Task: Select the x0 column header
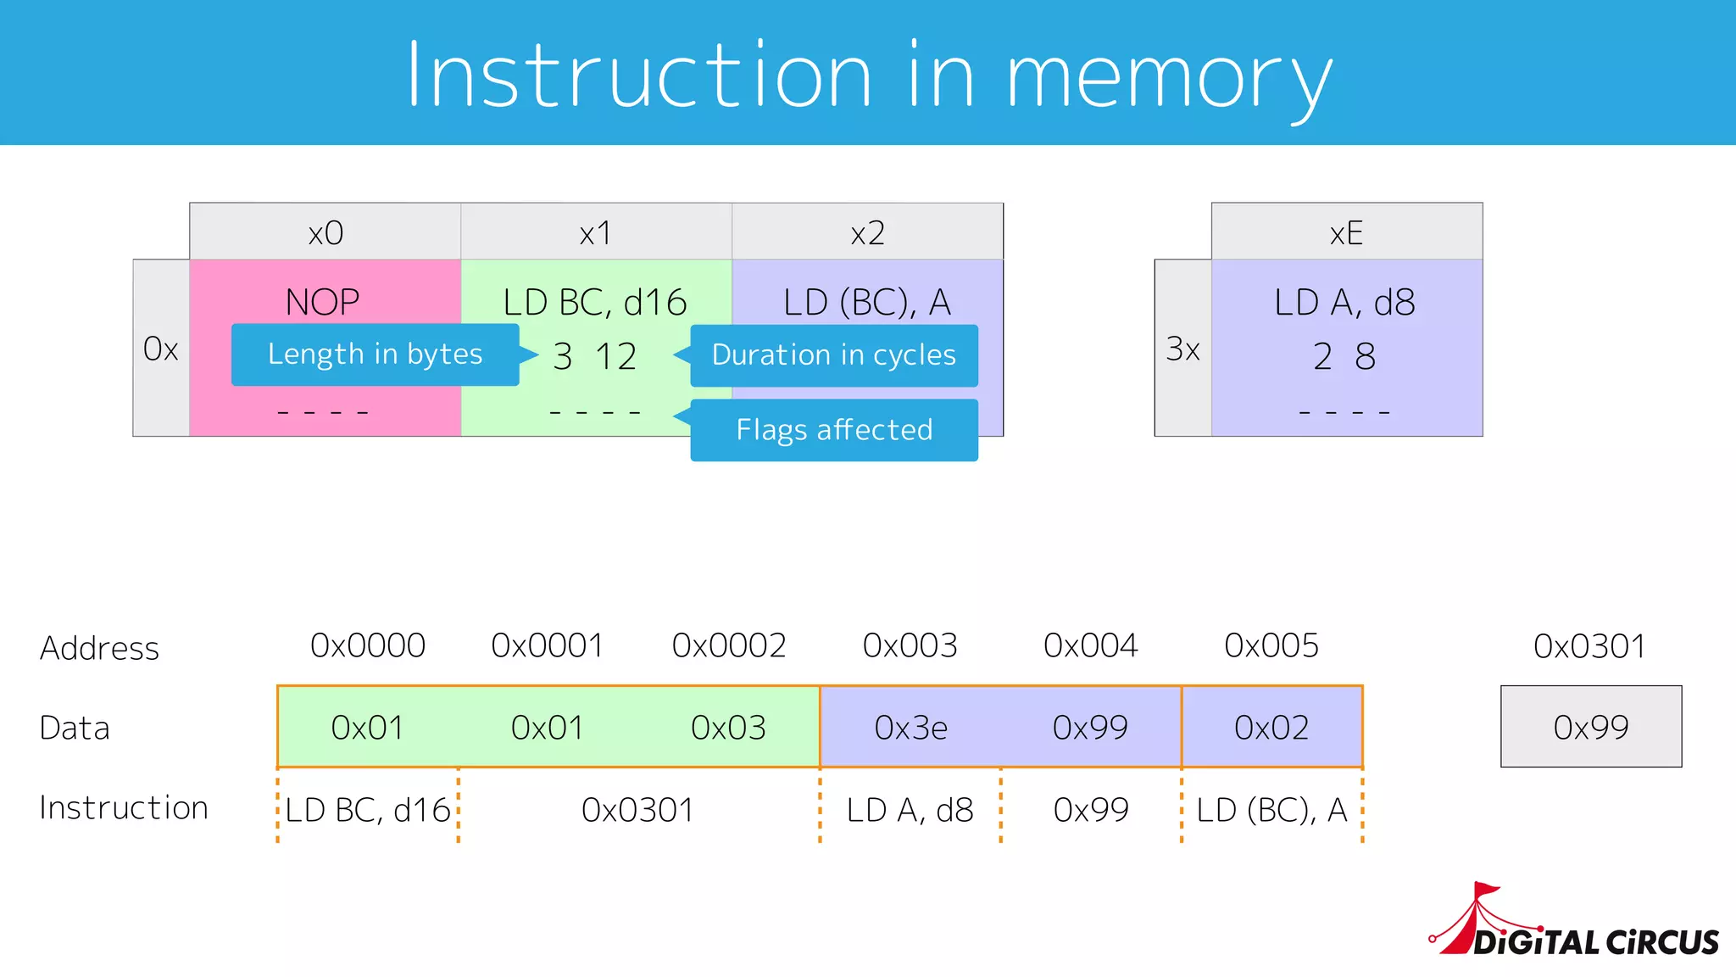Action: (325, 232)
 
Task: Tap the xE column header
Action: (1346, 232)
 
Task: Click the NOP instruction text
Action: (322, 302)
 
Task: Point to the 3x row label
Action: (1182, 349)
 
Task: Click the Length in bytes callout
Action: (375, 355)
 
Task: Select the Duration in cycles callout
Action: (834, 355)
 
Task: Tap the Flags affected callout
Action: (834, 430)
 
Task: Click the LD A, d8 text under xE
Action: (1344, 303)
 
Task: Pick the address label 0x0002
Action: (729, 646)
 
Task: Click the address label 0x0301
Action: (1589, 647)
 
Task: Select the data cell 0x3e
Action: (910, 728)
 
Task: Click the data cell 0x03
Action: (728, 728)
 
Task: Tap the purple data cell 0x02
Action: (1271, 728)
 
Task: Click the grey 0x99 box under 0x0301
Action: (1591, 727)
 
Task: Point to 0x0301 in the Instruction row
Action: (637, 810)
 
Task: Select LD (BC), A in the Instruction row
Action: (1271, 810)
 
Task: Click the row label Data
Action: (75, 729)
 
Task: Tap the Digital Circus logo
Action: (1577, 924)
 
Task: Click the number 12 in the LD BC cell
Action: (615, 356)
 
